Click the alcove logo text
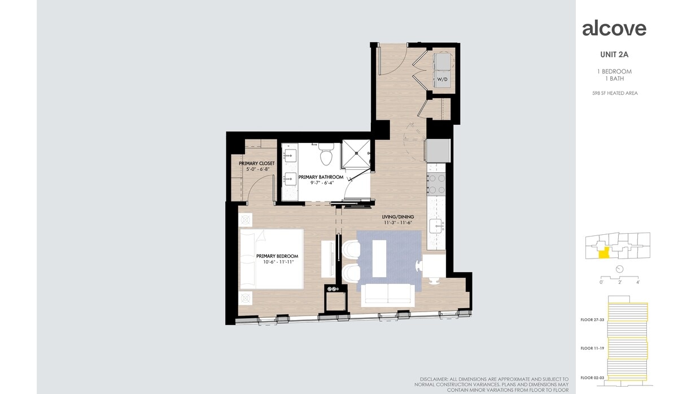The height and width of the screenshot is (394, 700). click(614, 28)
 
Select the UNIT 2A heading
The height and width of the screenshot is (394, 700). click(615, 55)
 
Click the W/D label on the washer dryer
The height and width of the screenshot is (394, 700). click(441, 80)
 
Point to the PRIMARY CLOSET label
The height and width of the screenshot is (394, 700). click(256, 163)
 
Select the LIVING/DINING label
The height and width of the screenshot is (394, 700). click(398, 216)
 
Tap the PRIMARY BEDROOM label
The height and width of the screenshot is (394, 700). click(277, 256)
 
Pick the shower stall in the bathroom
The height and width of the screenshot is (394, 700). click(356, 153)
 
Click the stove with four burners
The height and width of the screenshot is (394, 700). click(437, 183)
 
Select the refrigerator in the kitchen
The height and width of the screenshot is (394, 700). click(438, 150)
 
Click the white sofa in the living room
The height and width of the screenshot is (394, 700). click(388, 294)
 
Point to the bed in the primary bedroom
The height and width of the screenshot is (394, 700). click(272, 259)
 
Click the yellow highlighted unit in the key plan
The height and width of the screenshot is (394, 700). click(604, 253)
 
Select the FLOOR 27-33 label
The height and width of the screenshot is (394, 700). click(592, 319)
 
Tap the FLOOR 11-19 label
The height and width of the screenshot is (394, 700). click(592, 349)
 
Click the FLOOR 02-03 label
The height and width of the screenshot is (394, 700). click(592, 377)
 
